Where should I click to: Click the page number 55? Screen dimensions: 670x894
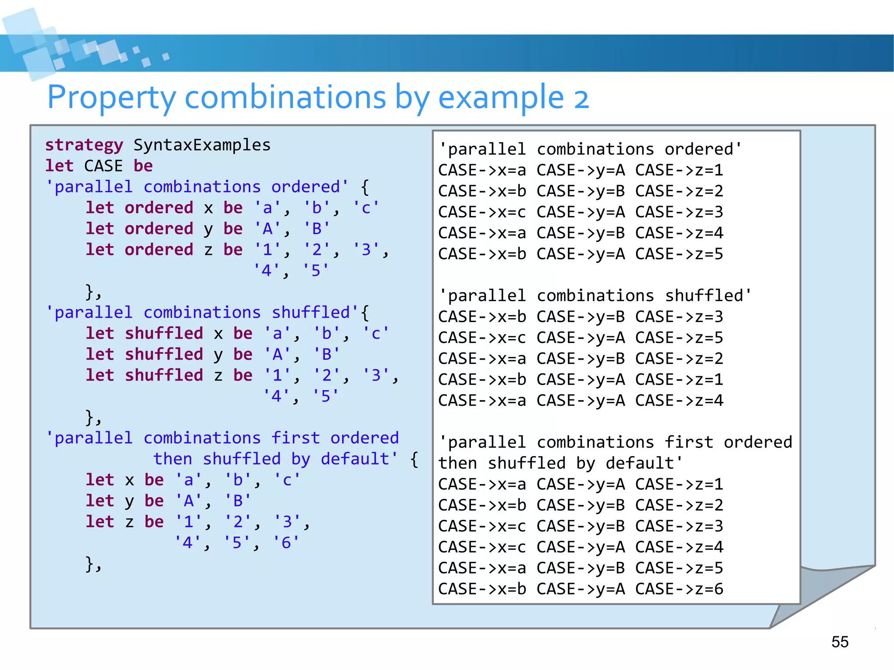click(839, 642)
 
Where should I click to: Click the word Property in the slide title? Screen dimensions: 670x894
click(112, 98)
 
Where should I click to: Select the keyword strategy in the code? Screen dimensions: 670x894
click(84, 145)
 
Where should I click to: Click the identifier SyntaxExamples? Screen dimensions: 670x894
click(202, 145)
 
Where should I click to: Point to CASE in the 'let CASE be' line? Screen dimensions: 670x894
click(103, 166)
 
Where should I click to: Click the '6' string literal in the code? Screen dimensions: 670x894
click(286, 543)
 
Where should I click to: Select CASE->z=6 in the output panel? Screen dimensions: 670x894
click(679, 589)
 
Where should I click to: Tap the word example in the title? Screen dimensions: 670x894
click(501, 98)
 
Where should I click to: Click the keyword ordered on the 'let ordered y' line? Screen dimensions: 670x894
click(159, 229)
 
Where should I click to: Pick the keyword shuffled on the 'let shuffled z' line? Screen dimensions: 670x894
click(164, 375)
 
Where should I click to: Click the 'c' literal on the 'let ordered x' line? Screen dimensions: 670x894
click(366, 208)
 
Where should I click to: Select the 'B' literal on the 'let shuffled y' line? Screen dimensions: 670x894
click(327, 354)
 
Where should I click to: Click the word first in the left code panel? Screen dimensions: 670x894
click(296, 438)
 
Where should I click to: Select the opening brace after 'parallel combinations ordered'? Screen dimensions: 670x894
click(365, 187)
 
